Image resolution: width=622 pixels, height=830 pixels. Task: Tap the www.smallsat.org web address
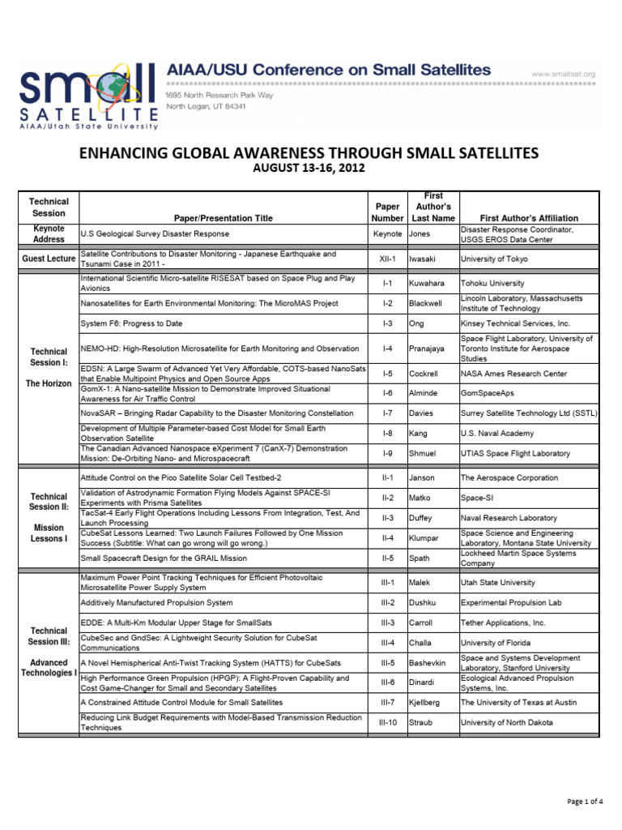[563, 74]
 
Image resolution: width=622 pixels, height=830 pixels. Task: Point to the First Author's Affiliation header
[529, 218]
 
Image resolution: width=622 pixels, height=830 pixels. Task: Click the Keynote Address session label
[49, 234]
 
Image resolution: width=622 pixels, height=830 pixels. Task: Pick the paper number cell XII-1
[387, 259]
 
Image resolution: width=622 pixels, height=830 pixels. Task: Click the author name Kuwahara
[427, 284]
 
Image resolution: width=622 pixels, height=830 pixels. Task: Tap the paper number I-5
[387, 374]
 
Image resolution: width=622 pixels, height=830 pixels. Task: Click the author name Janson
[423, 478]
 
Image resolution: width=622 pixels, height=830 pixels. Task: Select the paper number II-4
[387, 537]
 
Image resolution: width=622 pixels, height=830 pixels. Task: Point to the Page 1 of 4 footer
[584, 802]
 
